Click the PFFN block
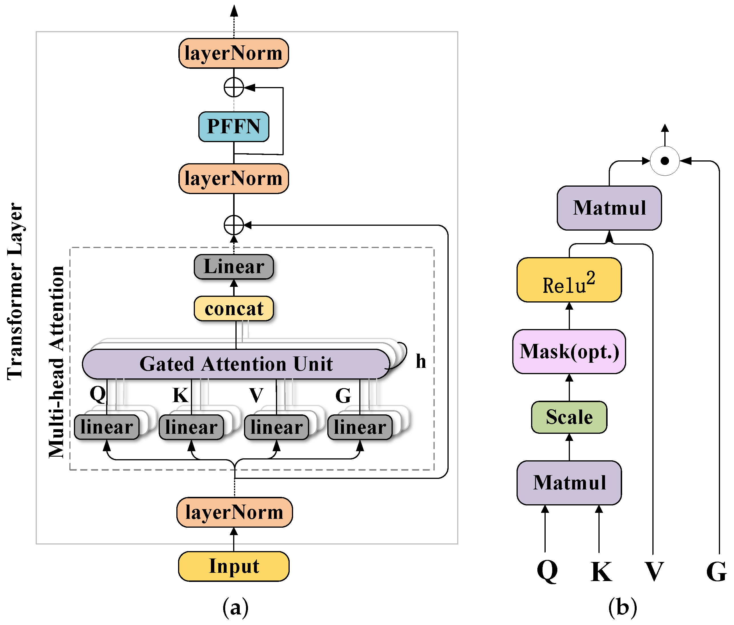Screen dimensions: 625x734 [233, 126]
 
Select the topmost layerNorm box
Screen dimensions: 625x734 [233, 53]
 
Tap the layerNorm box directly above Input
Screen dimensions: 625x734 [234, 512]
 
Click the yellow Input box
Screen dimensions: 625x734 [233, 566]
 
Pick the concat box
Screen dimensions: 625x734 [233, 308]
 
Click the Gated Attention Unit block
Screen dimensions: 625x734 [235, 364]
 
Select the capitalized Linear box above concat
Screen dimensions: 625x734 [233, 267]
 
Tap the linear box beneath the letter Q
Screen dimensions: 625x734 [107, 427]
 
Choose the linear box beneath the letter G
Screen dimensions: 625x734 [360, 427]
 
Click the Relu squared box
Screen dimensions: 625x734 [569, 280]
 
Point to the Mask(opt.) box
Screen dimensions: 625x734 [569, 352]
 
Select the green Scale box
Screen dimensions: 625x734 [569, 417]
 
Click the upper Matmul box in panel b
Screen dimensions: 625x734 [609, 208]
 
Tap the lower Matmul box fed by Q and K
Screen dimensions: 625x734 [569, 483]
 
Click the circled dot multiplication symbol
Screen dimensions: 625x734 [665, 161]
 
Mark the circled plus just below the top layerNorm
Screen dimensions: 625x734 [233, 87]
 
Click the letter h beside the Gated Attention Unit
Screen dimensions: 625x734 [420, 361]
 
